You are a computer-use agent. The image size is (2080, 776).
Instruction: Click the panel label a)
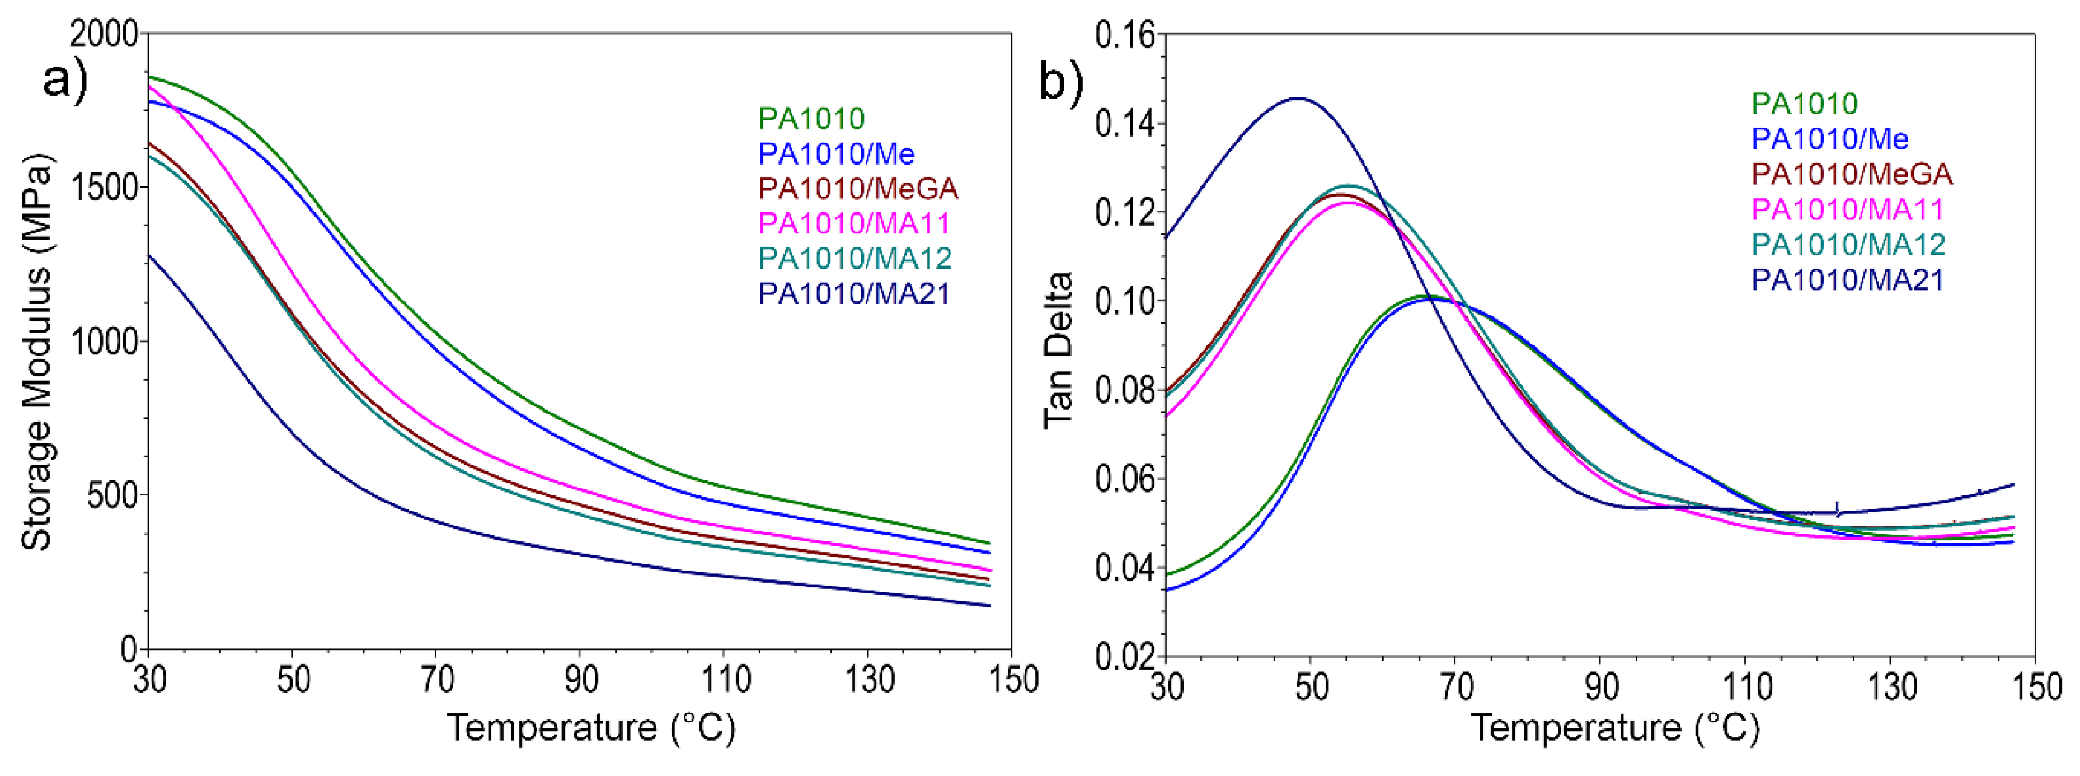tap(64, 79)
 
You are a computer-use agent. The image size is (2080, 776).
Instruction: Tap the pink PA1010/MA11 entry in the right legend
tap(1847, 210)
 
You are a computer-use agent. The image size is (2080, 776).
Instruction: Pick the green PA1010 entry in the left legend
tap(811, 119)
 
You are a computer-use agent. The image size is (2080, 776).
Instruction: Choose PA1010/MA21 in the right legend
tap(1847, 280)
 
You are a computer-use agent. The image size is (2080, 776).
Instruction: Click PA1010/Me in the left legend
tap(837, 154)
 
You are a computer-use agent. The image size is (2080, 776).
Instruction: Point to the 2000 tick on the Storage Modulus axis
tap(104, 34)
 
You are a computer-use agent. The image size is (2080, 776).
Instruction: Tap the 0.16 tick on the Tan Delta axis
tap(1125, 35)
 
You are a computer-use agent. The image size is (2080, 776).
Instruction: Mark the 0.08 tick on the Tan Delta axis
tap(1125, 391)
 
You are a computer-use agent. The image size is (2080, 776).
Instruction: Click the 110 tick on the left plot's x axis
tap(725, 680)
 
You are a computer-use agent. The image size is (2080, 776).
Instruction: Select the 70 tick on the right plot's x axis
tap(1456, 687)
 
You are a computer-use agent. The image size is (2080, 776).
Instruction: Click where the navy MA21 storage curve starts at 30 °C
tap(149, 255)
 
